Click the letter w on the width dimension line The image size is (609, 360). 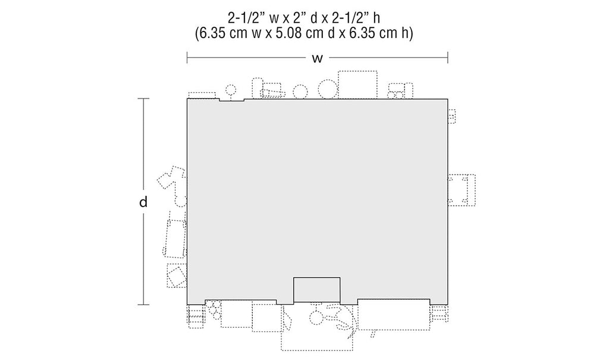click(318, 59)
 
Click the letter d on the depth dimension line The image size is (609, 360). click(143, 202)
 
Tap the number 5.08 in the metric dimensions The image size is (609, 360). click(287, 33)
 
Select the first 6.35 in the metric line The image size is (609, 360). click(213, 33)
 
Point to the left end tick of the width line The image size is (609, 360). click(187, 58)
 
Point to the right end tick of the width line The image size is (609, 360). click(447, 58)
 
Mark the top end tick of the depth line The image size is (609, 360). click(143, 99)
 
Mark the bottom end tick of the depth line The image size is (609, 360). click(143, 305)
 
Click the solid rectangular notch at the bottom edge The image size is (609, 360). click(317, 290)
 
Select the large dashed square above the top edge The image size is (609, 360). click(357, 84)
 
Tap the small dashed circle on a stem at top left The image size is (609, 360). click(231, 90)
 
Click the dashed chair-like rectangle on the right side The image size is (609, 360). click(462, 190)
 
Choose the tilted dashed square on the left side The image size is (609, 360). click(176, 276)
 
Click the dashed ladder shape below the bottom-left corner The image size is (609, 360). click(195, 317)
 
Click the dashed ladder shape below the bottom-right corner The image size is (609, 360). click(440, 314)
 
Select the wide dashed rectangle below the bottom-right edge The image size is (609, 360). click(394, 315)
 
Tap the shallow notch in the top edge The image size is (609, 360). click(232, 100)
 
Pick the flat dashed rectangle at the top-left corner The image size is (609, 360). click(202, 96)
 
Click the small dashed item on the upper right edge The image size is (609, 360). click(452, 116)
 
